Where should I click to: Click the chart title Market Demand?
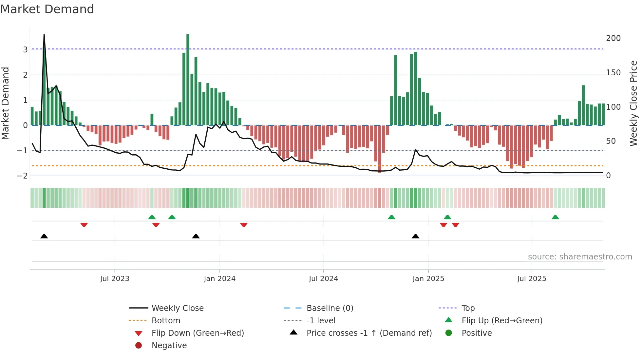click(x=47, y=9)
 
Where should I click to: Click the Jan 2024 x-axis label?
click(x=219, y=279)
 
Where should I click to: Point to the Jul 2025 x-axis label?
click(x=532, y=279)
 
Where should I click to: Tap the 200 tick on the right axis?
click(x=613, y=38)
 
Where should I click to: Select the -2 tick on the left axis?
click(x=23, y=176)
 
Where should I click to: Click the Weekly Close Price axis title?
click(x=633, y=103)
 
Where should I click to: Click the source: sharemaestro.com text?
click(x=580, y=257)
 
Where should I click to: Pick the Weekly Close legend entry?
click(x=177, y=308)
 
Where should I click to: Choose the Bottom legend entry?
click(x=166, y=321)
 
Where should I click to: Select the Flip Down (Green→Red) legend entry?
click(x=198, y=333)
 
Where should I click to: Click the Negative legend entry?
click(x=169, y=346)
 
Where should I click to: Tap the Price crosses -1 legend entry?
click(x=369, y=333)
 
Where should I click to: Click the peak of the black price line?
click(x=44, y=35)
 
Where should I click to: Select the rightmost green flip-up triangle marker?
click(x=555, y=217)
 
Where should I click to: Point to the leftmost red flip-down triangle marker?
click(x=84, y=225)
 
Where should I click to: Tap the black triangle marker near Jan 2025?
click(x=415, y=236)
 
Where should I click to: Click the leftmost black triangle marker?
click(x=44, y=236)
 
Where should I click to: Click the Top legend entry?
click(x=468, y=308)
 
